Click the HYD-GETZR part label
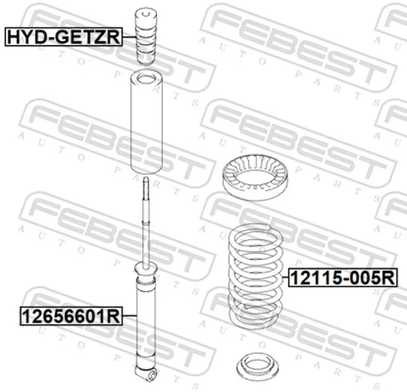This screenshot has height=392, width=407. click(x=64, y=37)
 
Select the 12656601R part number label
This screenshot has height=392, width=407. click(x=71, y=316)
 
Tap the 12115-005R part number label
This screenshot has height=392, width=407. click(x=343, y=278)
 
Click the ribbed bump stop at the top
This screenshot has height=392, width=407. click(x=146, y=36)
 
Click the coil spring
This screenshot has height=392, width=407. click(x=256, y=275)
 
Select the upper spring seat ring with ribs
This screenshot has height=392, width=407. click(x=255, y=177)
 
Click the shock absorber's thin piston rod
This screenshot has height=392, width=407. click(x=146, y=223)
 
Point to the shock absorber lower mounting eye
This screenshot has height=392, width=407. click(x=153, y=375)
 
